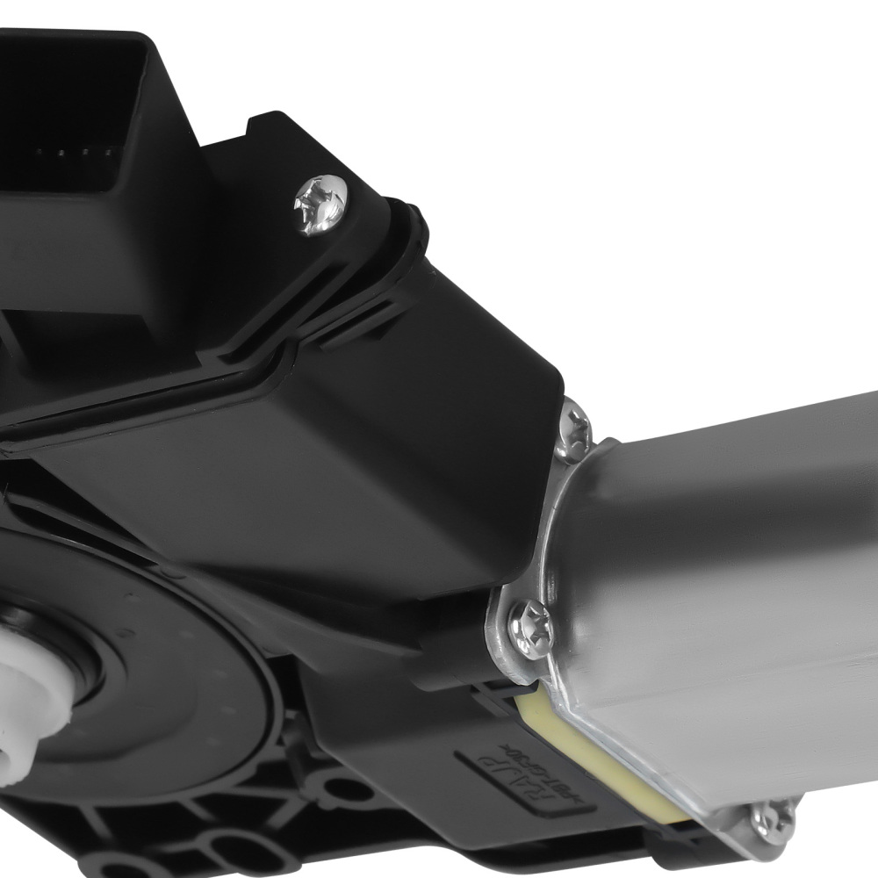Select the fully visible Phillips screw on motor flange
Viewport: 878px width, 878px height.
pyautogui.click(x=529, y=630)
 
